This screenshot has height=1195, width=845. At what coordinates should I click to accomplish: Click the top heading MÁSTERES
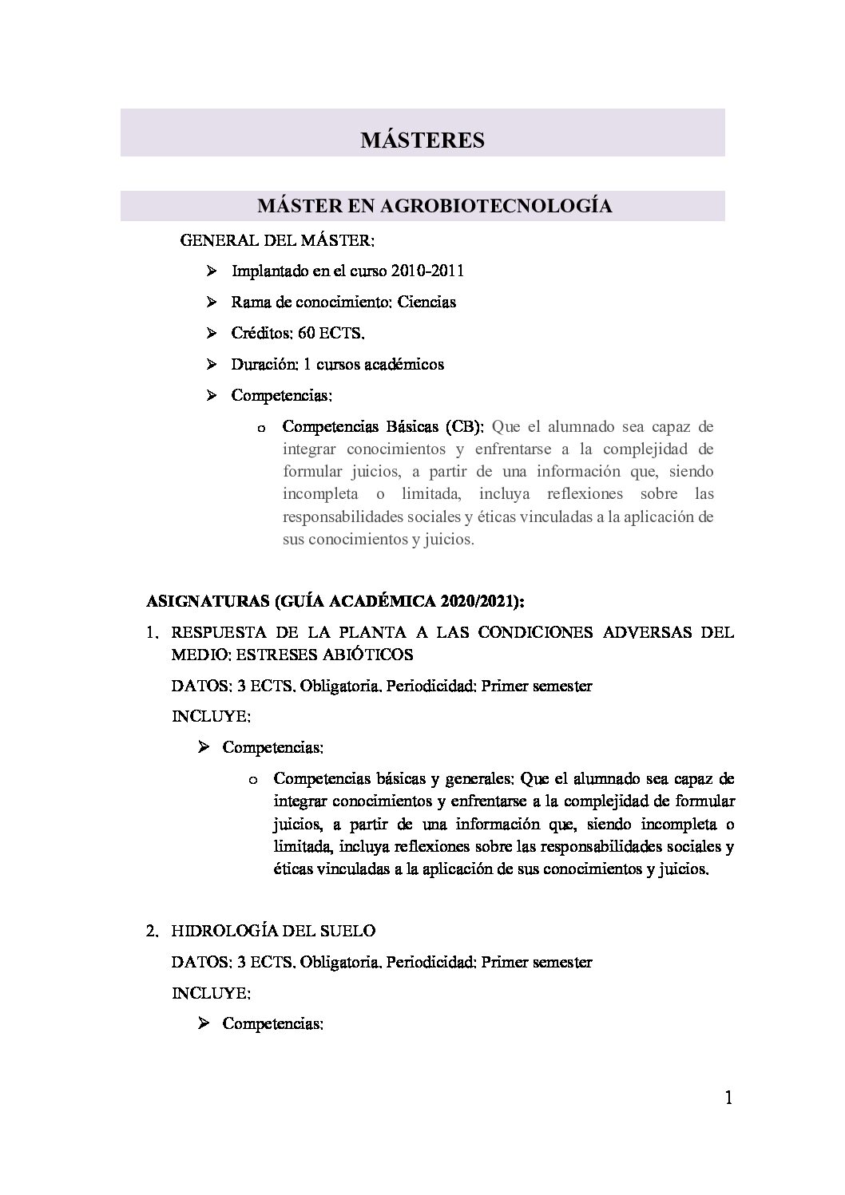422,140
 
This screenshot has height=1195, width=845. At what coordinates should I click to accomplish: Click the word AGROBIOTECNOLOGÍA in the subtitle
495,206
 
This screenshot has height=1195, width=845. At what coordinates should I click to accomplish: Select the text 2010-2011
427,271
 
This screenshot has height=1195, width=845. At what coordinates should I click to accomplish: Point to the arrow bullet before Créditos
212,333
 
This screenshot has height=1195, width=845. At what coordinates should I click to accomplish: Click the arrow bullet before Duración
212,364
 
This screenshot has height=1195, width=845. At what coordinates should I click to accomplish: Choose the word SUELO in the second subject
351,931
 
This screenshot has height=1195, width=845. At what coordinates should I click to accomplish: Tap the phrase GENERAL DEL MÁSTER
277,239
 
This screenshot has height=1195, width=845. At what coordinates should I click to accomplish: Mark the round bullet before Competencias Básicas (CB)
260,429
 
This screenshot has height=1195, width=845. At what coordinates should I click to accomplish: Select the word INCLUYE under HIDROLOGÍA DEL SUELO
211,993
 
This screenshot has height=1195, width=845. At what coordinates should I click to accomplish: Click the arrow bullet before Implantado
212,271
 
